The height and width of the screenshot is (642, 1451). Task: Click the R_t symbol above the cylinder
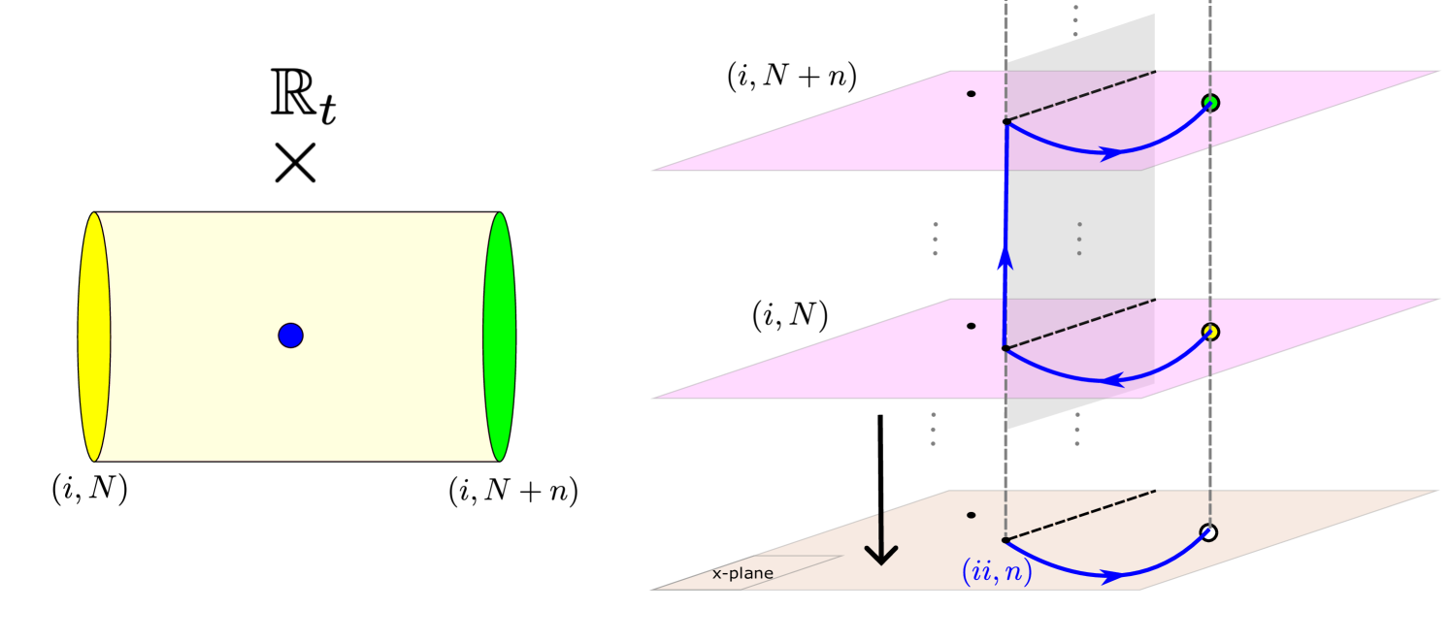[300, 94]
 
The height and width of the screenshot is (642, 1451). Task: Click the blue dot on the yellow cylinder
[290, 336]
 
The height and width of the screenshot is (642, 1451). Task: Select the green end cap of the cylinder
[500, 336]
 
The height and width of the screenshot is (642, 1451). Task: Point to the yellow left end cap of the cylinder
[94, 336]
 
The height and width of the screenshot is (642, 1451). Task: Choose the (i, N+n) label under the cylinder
[512, 493]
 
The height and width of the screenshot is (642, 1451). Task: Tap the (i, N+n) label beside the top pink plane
[792, 80]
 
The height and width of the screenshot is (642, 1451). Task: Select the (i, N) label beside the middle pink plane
[789, 316]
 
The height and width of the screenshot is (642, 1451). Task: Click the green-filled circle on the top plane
[1209, 102]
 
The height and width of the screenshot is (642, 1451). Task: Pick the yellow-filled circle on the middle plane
[1209, 332]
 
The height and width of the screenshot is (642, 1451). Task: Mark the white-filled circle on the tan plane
[1208, 532]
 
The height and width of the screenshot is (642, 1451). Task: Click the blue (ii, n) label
[996, 572]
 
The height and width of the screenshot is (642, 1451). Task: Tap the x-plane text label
[743, 573]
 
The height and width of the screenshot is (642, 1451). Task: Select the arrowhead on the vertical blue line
[1005, 257]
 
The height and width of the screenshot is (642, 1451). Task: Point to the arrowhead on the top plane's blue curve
[1111, 151]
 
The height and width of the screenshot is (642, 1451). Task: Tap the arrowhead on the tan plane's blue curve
[1113, 575]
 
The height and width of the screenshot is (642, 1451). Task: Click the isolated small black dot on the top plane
[971, 94]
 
